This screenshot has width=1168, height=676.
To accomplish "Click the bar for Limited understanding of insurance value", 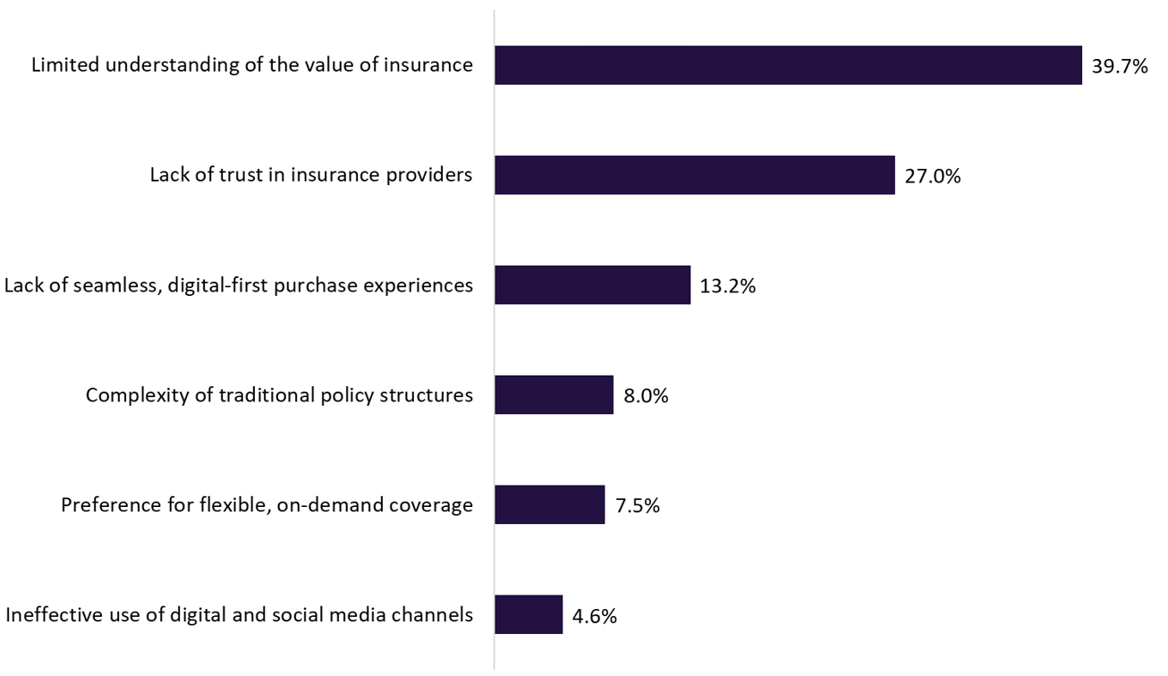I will click(788, 65).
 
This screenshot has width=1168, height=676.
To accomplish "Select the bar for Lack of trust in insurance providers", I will click(694, 175).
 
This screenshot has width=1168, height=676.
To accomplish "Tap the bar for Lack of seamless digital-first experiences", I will click(592, 285).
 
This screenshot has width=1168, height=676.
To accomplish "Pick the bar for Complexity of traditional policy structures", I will click(554, 395).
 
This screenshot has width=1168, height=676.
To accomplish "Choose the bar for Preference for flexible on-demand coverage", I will click(549, 505).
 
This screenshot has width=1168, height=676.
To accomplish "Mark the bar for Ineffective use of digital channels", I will click(529, 615).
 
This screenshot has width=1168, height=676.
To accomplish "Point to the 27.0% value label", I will click(932, 176).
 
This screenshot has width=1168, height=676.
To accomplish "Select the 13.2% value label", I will click(727, 286).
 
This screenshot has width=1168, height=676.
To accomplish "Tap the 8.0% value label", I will click(646, 396).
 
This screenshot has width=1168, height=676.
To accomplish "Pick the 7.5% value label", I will click(637, 506).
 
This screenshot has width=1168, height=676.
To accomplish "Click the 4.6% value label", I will click(595, 616).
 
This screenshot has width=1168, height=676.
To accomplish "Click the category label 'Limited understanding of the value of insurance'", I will click(252, 65).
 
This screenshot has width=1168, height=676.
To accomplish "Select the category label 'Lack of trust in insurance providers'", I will click(310, 175).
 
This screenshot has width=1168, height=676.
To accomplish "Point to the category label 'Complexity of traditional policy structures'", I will click(279, 395).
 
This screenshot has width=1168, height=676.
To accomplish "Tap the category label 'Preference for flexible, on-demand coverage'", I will click(267, 505).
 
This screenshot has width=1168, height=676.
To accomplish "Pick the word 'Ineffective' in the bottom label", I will click(49, 615).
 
